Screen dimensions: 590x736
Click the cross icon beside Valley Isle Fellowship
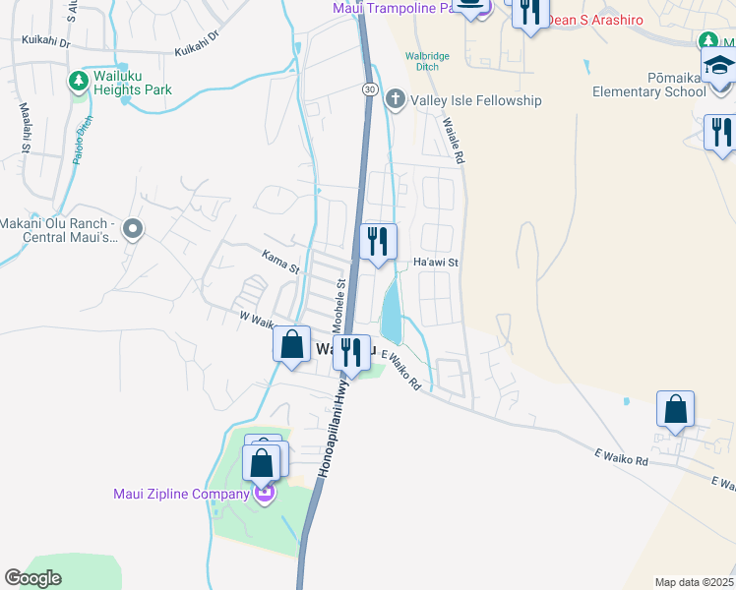click(x=395, y=98)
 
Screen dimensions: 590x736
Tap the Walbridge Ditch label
click(x=428, y=62)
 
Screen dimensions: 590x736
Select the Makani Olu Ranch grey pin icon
click(x=136, y=230)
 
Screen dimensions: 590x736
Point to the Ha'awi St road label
click(x=436, y=263)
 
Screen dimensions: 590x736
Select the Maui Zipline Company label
click(x=182, y=494)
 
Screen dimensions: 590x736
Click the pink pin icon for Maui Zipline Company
click(x=263, y=494)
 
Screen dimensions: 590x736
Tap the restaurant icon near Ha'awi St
click(x=377, y=242)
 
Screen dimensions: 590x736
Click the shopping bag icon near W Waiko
click(x=291, y=345)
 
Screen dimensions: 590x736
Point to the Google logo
click(x=32, y=578)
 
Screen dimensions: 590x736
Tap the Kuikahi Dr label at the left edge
click(x=44, y=43)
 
